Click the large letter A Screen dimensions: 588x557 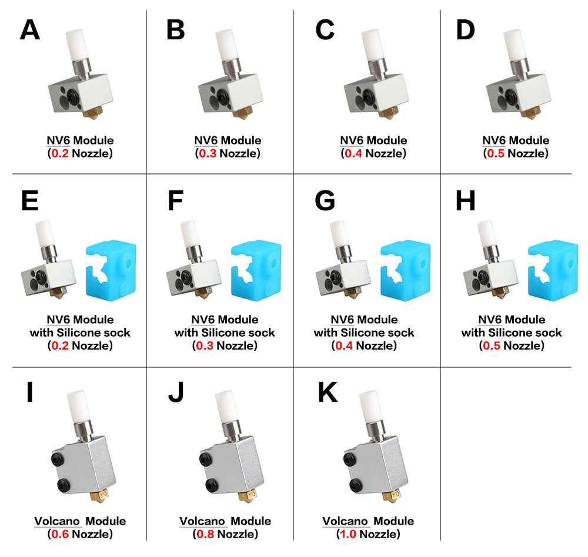(30, 29)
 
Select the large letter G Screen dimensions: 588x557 (325, 200)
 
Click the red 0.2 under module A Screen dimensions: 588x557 (60, 153)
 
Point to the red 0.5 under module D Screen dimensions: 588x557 (495, 153)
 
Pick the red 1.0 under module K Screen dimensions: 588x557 (348, 533)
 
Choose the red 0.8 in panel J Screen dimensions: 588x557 (205, 533)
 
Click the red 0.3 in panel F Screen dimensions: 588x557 (205, 345)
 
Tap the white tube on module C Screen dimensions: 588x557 (372, 45)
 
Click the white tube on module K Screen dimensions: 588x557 (370, 407)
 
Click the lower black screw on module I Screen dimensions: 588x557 (64, 485)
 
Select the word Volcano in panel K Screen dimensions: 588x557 (345, 521)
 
